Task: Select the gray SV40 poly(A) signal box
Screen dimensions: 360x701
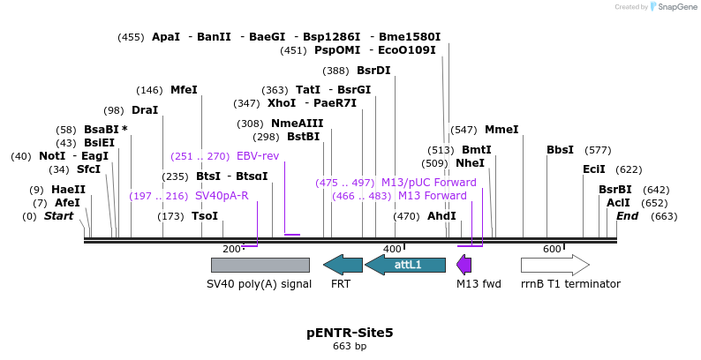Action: click(260, 265)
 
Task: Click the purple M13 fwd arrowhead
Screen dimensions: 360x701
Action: click(464, 264)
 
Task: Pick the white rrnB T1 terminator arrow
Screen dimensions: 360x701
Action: click(554, 265)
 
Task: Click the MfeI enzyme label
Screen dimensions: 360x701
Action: click(184, 90)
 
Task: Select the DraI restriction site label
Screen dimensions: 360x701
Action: click(144, 110)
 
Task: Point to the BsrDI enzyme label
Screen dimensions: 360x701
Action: click(373, 71)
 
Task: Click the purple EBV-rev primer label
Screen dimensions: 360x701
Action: click(258, 156)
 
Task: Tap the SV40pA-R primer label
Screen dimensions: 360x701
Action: click(222, 196)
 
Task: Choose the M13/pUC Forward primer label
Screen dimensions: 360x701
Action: click(428, 183)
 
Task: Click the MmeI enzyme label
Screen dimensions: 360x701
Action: click(501, 130)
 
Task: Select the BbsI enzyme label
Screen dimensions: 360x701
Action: click(560, 150)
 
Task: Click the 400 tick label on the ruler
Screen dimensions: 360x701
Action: click(392, 250)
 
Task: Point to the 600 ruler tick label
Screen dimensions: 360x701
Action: click(552, 250)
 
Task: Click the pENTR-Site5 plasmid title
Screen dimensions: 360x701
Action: click(350, 333)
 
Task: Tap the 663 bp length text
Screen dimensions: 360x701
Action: click(350, 347)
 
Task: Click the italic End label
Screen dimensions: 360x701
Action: click(627, 216)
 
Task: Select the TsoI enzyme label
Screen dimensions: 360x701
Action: click(205, 216)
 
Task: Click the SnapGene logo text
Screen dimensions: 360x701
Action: click(676, 7)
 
